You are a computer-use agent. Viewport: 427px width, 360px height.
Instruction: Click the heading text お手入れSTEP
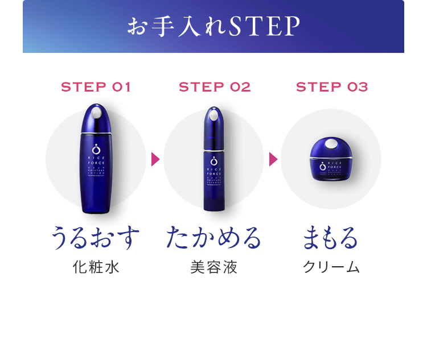tap(213, 27)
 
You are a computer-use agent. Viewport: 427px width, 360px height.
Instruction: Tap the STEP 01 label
tap(96, 87)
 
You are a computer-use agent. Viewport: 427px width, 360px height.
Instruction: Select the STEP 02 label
tap(215, 87)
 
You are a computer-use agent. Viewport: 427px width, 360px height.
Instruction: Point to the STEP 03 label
tap(332, 87)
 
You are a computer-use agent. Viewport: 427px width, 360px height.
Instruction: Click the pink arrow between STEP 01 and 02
tap(155, 159)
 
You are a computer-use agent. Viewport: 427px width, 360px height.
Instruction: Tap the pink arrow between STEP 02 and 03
tap(273, 159)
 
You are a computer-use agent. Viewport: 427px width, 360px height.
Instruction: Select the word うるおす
tap(96, 238)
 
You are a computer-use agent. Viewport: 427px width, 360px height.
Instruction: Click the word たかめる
tap(213, 238)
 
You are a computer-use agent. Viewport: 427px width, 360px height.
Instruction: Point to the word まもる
tap(331, 238)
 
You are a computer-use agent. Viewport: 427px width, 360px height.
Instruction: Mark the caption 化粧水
tap(96, 267)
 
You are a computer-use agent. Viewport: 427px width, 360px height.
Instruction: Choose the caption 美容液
tap(213, 267)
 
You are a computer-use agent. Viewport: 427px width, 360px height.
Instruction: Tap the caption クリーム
tap(331, 267)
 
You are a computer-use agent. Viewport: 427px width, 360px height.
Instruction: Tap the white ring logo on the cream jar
tap(322, 166)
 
